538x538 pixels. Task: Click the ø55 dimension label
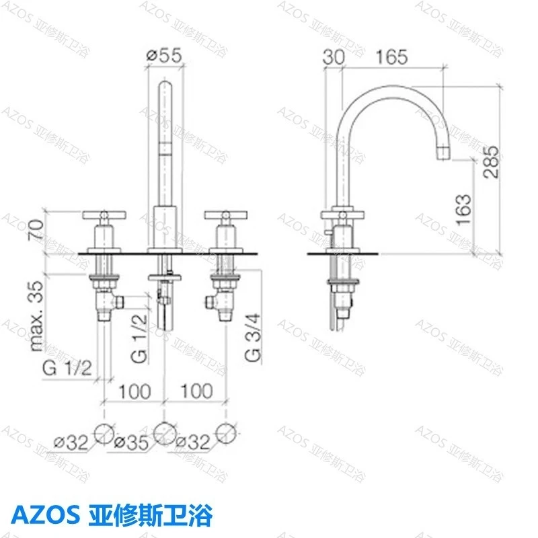coord(164,57)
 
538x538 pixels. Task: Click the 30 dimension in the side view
coord(333,57)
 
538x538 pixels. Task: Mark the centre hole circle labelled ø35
coord(164,432)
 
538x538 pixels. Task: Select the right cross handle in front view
coord(226,216)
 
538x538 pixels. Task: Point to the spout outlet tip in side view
coord(445,153)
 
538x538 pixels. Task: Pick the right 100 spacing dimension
coord(197,391)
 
